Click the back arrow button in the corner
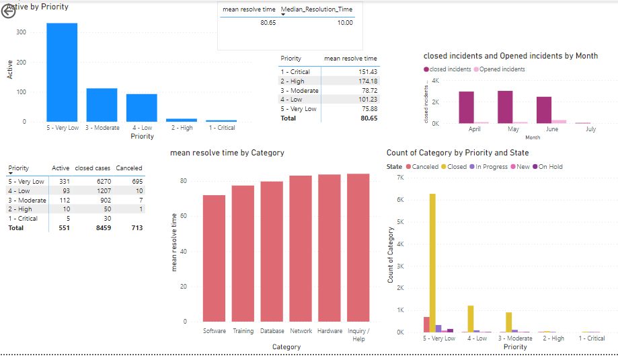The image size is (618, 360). pos(9,12)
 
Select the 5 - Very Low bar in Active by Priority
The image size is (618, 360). pos(62,72)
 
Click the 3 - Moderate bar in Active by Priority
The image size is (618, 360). pos(102,105)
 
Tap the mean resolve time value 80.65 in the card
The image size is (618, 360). pos(268,22)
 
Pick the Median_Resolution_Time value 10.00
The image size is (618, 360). pos(345,22)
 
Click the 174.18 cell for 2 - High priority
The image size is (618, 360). pos(367,81)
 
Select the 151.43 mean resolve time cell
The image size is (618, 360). pos(367,71)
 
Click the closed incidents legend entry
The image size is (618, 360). pos(449,69)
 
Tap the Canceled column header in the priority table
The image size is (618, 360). pos(129,168)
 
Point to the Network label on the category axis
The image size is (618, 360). pos(301,331)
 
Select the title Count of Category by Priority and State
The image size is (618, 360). pos(457,153)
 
